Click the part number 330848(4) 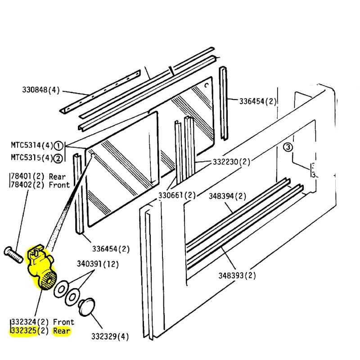pyautogui.click(x=41, y=90)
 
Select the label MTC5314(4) pyautogui.click(x=31, y=145)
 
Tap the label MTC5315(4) pyautogui.click(x=31, y=157)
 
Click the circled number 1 pyautogui.click(x=58, y=145)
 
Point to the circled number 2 pyautogui.click(x=58, y=157)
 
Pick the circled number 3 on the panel pyautogui.click(x=288, y=147)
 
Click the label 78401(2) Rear pyautogui.click(x=40, y=176)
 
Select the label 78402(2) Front pyautogui.click(x=40, y=184)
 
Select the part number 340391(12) pyautogui.click(x=98, y=264)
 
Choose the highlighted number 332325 pyautogui.click(x=25, y=332)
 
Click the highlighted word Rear pyautogui.click(x=62, y=332)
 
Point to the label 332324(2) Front pyautogui.click(x=42, y=322)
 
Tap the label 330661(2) pyautogui.click(x=177, y=195)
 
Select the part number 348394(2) pyautogui.click(x=228, y=196)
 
